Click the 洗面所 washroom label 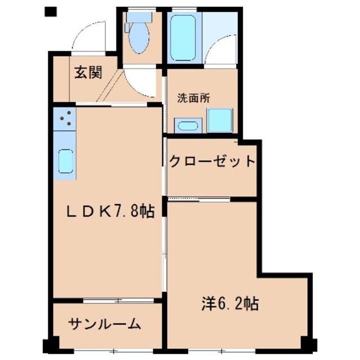(193, 97)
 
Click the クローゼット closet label (213, 162)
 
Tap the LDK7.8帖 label (111, 211)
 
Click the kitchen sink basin (66, 162)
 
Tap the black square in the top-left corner (51, 11)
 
